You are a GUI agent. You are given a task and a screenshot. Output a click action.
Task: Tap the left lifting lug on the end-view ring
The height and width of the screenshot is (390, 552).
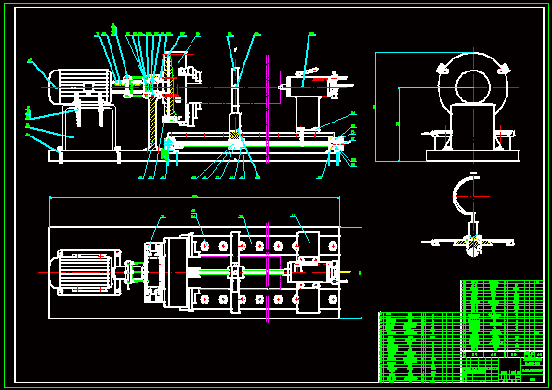tap(439, 69)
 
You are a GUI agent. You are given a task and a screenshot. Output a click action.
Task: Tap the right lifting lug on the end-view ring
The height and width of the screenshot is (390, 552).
tap(504, 69)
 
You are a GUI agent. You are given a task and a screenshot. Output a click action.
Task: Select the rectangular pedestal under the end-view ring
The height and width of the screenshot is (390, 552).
tap(471, 128)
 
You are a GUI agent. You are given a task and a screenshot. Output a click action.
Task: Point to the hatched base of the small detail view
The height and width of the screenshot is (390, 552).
tap(473, 242)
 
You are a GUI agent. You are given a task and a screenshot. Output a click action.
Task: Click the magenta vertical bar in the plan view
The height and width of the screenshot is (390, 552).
tap(267, 270)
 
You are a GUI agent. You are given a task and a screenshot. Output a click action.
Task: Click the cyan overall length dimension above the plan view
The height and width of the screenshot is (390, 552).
tap(195, 198)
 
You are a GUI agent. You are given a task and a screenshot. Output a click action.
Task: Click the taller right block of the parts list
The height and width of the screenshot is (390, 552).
tap(502, 316)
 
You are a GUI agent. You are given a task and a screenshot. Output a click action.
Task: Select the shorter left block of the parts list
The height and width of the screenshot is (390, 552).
tap(419, 346)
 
